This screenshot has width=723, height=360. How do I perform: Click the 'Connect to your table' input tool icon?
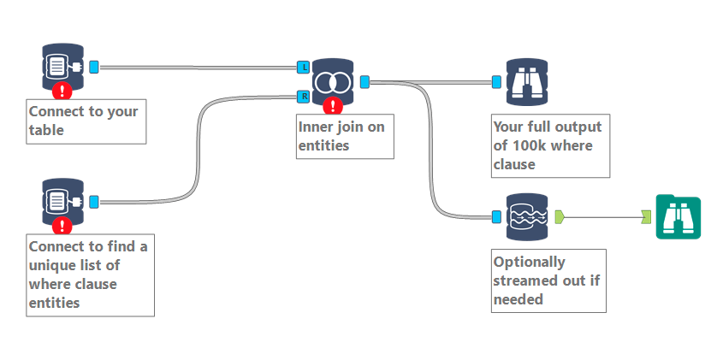pos(62,66)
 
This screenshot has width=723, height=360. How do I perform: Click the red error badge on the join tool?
pos(334,106)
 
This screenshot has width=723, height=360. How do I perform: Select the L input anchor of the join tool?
pos(304,67)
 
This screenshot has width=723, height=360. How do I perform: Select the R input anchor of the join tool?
pos(304,97)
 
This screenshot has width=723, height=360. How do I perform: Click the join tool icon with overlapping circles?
pos(333,81)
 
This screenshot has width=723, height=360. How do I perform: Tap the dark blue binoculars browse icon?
pos(526,81)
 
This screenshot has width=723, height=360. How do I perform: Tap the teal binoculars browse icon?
pos(678,216)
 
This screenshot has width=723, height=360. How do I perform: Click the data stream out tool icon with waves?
pos(526,216)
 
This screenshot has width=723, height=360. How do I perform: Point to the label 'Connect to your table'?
pos(86,121)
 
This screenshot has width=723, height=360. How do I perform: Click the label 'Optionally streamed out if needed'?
pos(548,280)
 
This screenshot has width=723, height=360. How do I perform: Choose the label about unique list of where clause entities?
pos(90,274)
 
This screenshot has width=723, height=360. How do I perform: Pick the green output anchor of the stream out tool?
pos(560,215)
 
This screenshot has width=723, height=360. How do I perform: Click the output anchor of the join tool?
pos(364,81)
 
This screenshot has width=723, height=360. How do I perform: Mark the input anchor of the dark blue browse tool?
pos(496,81)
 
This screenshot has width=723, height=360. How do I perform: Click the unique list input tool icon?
pos(62,201)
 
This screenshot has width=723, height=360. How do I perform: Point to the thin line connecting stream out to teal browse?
pos(603,216)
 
